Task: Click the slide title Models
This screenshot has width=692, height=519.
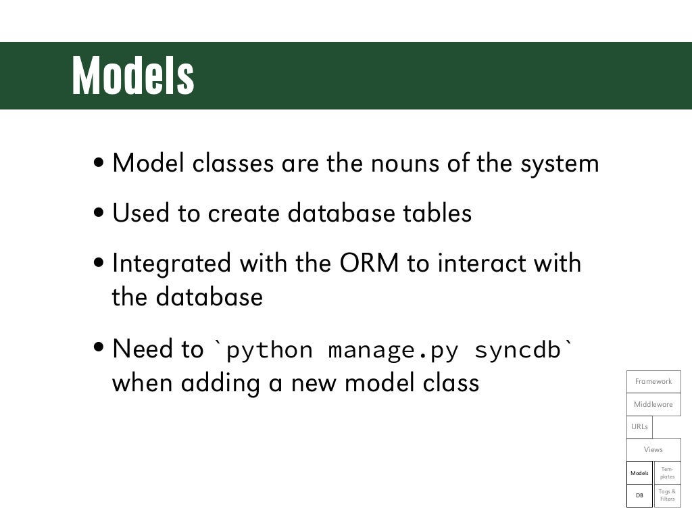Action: (x=133, y=76)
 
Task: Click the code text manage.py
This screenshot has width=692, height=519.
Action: (x=394, y=350)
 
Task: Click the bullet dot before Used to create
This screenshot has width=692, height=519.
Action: (x=100, y=214)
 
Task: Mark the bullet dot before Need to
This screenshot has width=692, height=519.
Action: (x=100, y=349)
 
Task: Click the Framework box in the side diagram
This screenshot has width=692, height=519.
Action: (x=653, y=382)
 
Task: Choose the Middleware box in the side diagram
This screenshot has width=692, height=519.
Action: (x=653, y=404)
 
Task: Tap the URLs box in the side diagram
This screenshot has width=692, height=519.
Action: (x=639, y=426)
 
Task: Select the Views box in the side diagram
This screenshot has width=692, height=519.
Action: (x=653, y=449)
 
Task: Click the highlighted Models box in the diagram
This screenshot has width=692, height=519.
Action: (x=639, y=473)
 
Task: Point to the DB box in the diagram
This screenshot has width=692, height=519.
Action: (x=639, y=495)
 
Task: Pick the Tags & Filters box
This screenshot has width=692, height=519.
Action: (x=667, y=495)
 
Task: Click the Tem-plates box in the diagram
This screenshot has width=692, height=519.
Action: (x=667, y=473)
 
